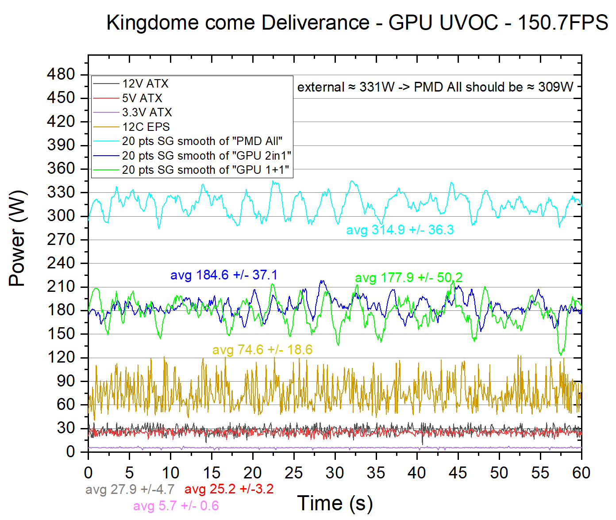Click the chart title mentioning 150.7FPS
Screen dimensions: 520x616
coord(357,23)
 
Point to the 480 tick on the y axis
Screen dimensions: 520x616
coord(61,74)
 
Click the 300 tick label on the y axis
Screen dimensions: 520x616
coord(61,216)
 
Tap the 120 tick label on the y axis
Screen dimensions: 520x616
coord(61,357)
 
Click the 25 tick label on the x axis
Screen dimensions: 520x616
coord(293,473)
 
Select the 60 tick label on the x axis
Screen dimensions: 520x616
coord(581,473)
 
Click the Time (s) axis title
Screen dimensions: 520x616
coord(335,503)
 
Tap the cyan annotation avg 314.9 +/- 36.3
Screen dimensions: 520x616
coord(400,230)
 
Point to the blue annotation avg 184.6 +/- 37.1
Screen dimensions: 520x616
coord(224,275)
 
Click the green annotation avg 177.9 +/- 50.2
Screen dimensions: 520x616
coord(408,278)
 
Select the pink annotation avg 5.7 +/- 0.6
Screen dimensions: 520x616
coord(176,505)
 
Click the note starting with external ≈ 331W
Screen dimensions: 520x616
coord(435,87)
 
